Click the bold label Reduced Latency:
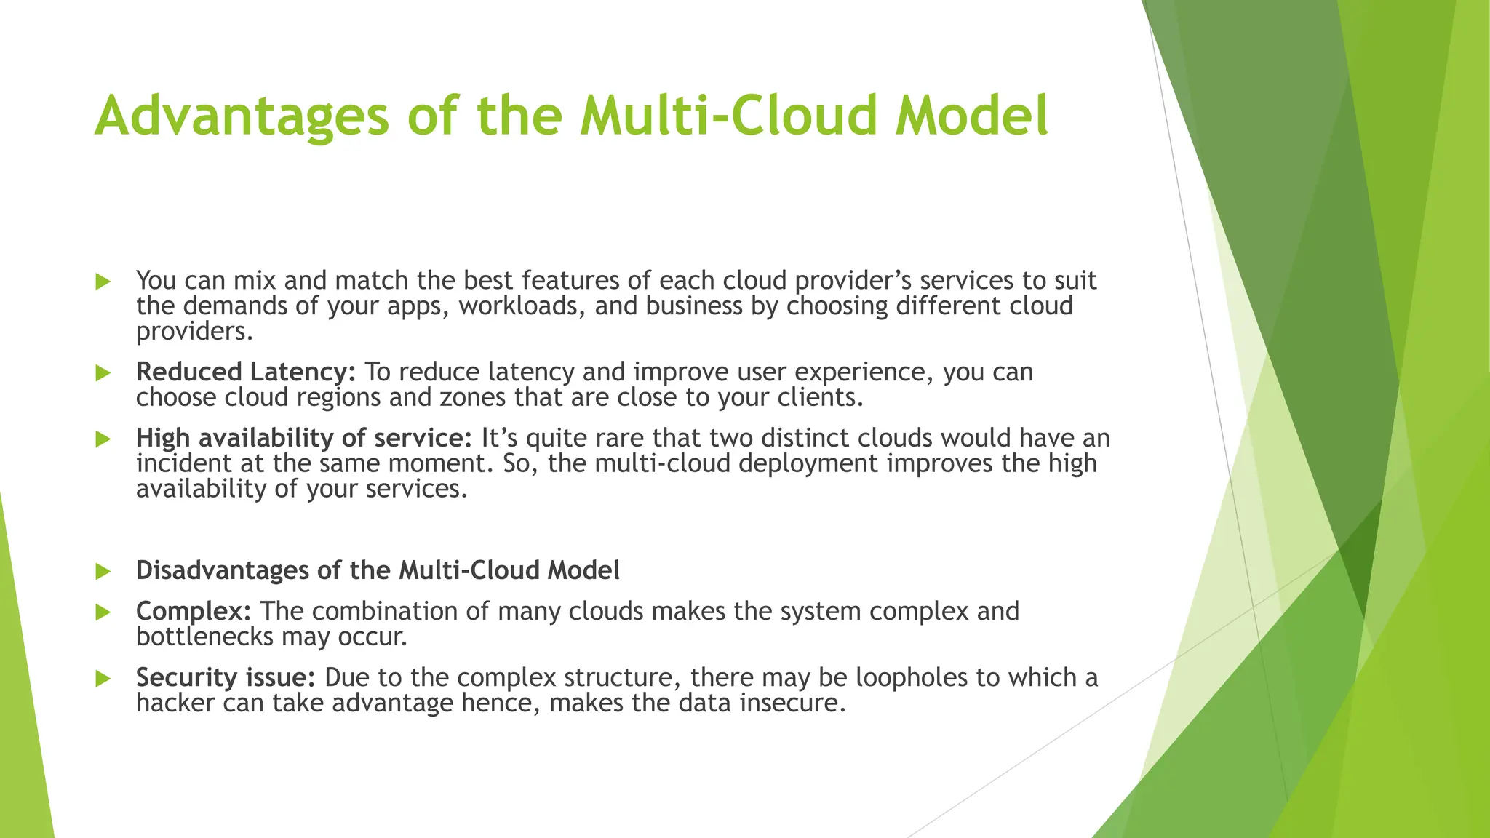pos(246,372)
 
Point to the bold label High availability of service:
pos(304,438)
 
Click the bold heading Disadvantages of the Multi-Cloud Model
pos(378,570)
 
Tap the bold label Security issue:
pos(226,677)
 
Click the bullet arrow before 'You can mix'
pos(103,282)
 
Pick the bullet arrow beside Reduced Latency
pos(103,373)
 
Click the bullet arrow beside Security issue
pos(103,679)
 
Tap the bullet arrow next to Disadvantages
pos(103,572)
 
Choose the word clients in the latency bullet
pos(821,397)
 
